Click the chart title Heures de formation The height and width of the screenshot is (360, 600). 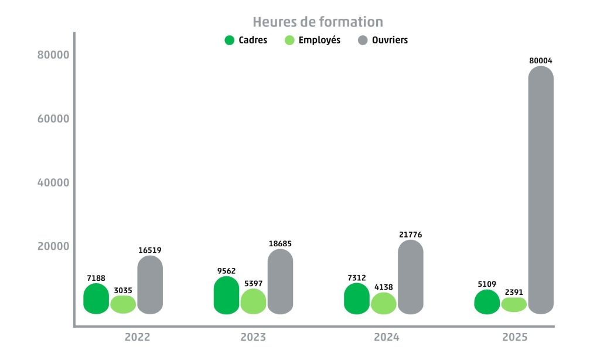[x=318, y=22]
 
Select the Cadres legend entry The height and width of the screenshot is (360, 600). [x=246, y=40]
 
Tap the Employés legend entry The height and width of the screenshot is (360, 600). [x=312, y=40]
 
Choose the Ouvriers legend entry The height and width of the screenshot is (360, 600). [x=383, y=40]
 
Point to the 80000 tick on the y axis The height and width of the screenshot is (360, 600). [x=53, y=55]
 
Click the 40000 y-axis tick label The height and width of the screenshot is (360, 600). [x=53, y=182]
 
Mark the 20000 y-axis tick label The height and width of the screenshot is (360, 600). [x=53, y=246]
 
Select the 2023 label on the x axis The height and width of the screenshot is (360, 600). [x=253, y=338]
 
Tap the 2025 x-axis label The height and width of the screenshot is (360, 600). [x=515, y=338]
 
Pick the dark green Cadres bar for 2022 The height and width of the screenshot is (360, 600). [x=96, y=298]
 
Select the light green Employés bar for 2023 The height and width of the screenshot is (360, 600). [x=253, y=301]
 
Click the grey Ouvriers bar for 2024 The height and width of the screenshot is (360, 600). [x=410, y=276]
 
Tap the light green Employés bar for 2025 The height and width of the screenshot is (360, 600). [x=514, y=304]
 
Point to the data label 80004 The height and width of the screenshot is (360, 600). [x=540, y=60]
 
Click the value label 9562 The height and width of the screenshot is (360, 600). [x=226, y=271]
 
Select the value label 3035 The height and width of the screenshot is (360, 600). [x=123, y=290]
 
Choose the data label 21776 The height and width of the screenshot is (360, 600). [x=410, y=235]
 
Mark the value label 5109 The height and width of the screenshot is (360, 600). [x=486, y=284]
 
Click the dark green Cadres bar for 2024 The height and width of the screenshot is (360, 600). [x=356, y=298]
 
